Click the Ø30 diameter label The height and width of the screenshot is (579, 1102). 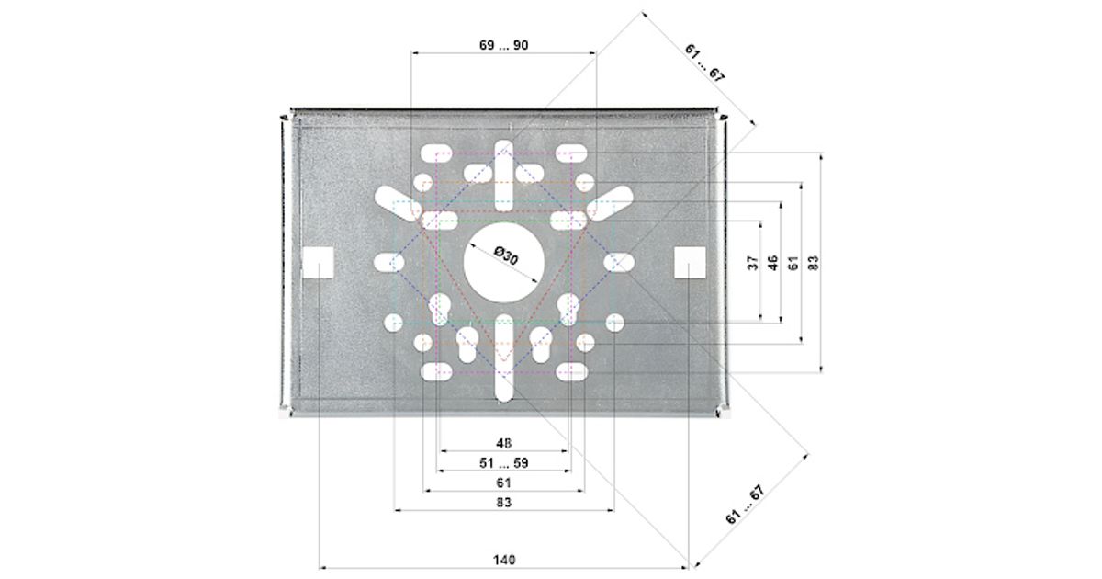pos(506,256)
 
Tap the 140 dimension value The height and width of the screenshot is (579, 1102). pos(504,560)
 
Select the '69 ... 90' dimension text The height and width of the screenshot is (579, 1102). pos(504,45)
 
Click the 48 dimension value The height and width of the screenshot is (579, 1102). pos(503,443)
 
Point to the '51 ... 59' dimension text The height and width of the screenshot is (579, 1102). pos(504,463)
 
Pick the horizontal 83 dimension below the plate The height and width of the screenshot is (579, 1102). pos(503,502)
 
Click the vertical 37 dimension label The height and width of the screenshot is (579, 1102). pos(753,263)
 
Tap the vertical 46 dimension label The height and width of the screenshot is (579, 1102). pos(773,263)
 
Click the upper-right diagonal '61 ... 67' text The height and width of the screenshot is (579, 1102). pos(704,62)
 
